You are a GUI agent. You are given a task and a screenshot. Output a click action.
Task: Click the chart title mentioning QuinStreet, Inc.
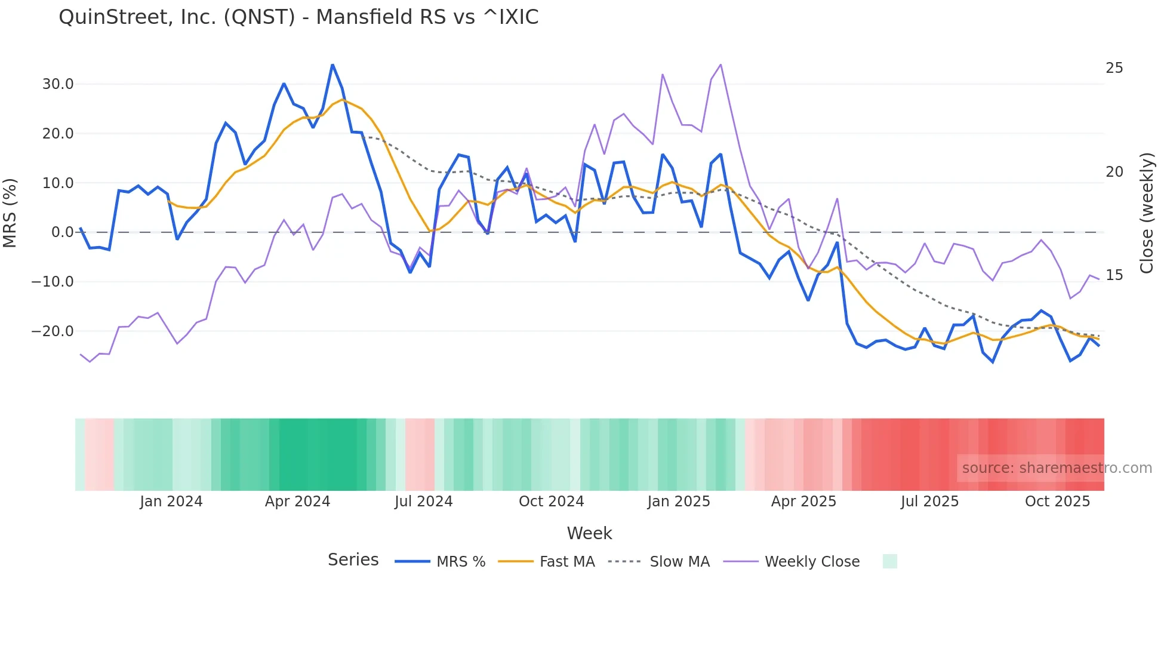point(298,17)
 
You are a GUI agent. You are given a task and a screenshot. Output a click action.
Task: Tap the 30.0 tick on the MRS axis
point(58,84)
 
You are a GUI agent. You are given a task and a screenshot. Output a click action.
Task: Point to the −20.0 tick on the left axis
point(53,331)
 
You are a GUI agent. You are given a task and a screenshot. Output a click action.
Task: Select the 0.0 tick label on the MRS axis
point(62,232)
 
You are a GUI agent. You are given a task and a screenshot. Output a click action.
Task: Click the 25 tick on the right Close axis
point(1114,68)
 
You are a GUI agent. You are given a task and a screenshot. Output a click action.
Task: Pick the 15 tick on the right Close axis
point(1114,275)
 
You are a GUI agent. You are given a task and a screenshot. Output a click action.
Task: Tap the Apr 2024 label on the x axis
point(297,502)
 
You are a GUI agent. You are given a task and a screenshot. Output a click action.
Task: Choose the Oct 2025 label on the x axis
point(1057,502)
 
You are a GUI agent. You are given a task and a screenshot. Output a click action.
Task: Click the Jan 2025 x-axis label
point(679,502)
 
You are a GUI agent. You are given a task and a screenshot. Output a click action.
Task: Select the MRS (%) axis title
point(10,213)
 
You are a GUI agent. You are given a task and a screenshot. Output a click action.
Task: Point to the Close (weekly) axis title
point(1146,213)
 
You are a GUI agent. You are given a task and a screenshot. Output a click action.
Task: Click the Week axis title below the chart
point(589,533)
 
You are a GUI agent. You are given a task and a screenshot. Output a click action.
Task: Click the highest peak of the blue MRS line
point(332,65)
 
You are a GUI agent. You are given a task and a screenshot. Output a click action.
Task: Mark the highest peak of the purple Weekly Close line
point(721,64)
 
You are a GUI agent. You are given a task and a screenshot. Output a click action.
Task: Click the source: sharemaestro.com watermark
point(1057,468)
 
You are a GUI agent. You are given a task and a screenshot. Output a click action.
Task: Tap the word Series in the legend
point(353,560)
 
